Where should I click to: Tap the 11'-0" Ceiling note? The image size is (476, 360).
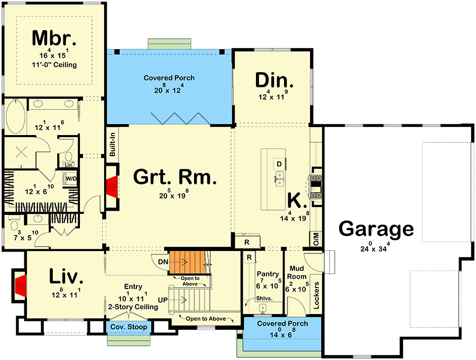[54, 65]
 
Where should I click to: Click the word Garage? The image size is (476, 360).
[376, 229]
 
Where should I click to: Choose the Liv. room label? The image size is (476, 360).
[66, 276]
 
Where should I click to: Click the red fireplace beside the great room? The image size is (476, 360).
[112, 185]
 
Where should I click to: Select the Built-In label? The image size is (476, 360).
[113, 144]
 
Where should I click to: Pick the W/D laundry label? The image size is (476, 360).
[71, 178]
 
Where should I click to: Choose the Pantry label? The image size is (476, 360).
[267, 274]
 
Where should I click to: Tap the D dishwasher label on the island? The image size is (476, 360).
[279, 163]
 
